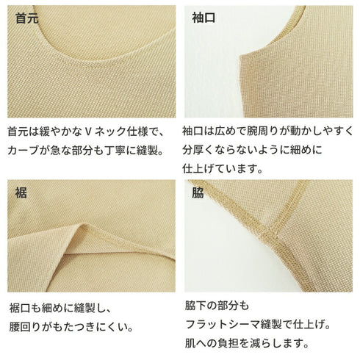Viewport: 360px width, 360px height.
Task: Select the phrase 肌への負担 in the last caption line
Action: click(217, 343)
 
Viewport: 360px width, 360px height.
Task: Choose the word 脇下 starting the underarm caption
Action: click(195, 305)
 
